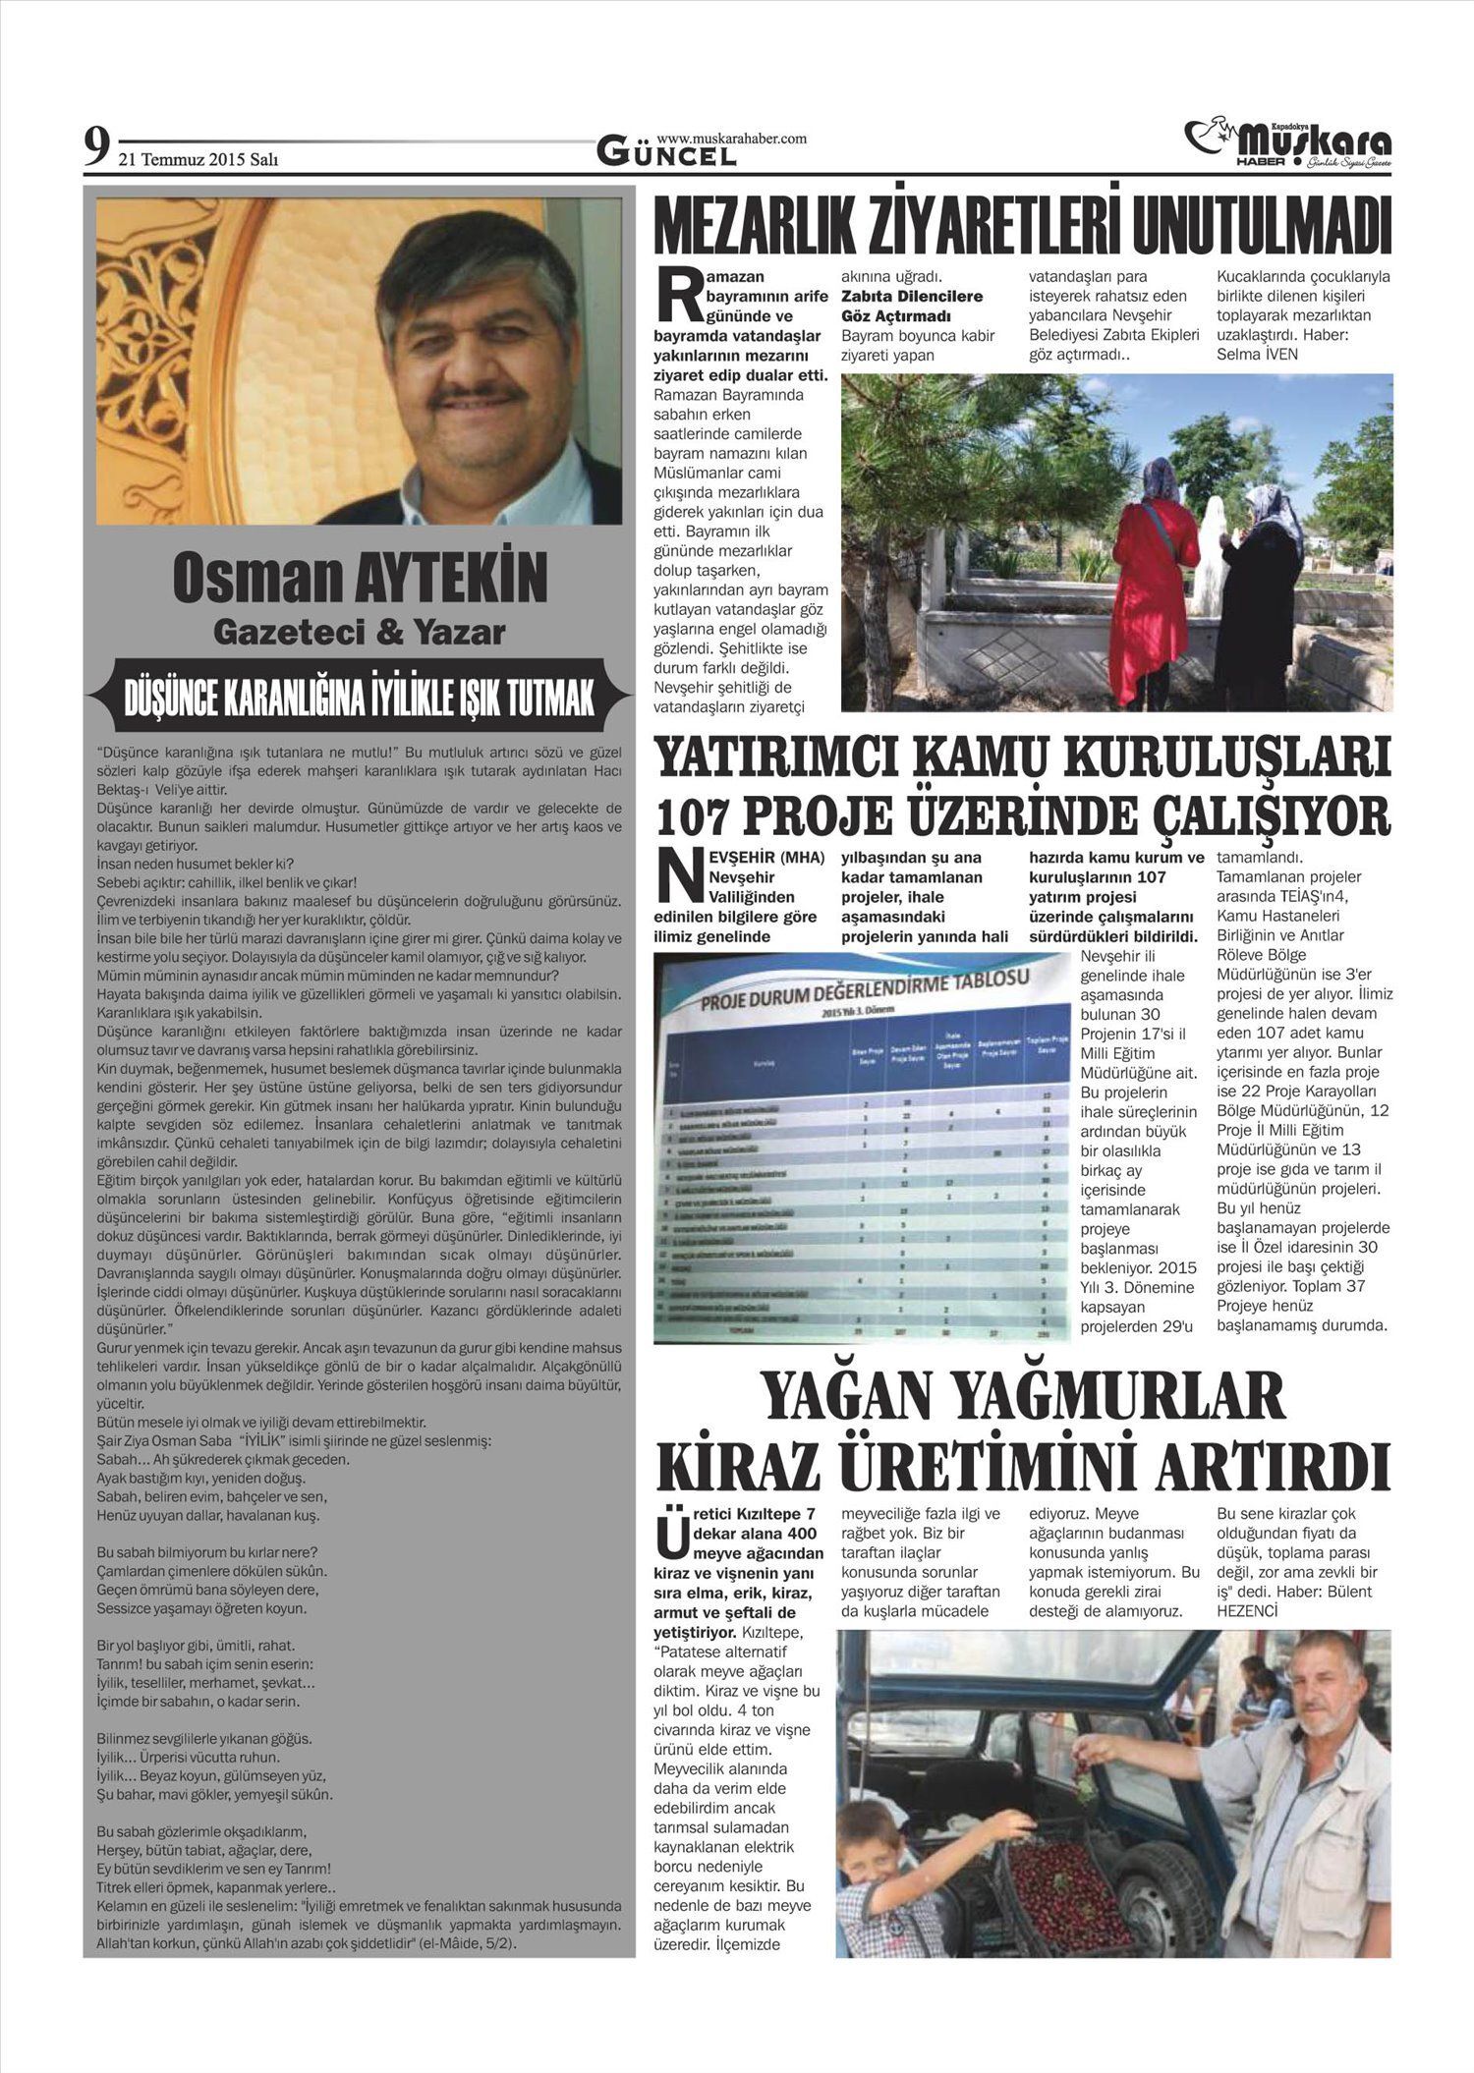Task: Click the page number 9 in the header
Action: pyautogui.click(x=95, y=148)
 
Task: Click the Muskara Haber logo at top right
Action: pyautogui.click(x=1289, y=143)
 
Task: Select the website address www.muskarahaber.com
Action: pyautogui.click(x=731, y=139)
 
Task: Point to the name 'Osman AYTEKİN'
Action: pyautogui.click(x=360, y=579)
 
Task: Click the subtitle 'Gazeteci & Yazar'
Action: pyautogui.click(x=360, y=633)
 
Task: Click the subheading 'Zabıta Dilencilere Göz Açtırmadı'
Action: pyautogui.click(x=912, y=306)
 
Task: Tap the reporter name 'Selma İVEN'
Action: pyautogui.click(x=1257, y=354)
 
